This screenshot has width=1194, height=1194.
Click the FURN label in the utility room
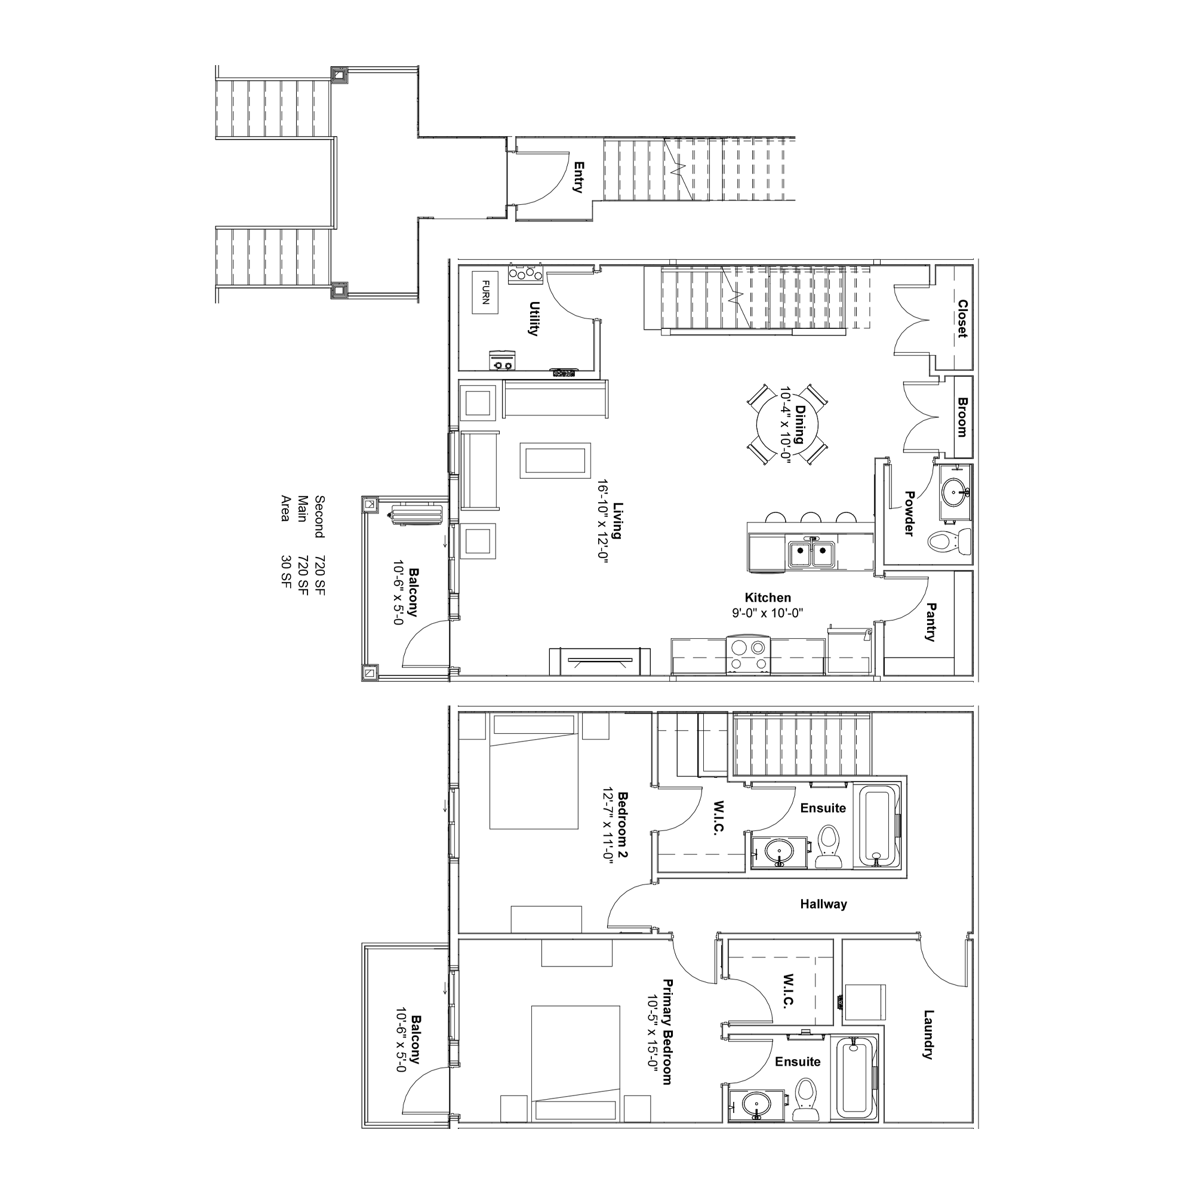pos(485,293)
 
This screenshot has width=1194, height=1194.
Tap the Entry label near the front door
pos(578,177)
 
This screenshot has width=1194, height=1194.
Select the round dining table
pos(787,424)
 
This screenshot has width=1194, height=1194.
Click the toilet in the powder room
pos(950,541)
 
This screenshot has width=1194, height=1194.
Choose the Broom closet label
pos(962,417)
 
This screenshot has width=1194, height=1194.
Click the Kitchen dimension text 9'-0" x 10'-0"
pos(767,614)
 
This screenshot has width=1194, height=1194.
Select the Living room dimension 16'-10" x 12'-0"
pos(603,519)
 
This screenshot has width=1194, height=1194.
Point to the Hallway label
pos(823,904)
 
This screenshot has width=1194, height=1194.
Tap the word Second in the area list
pos(319,516)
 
